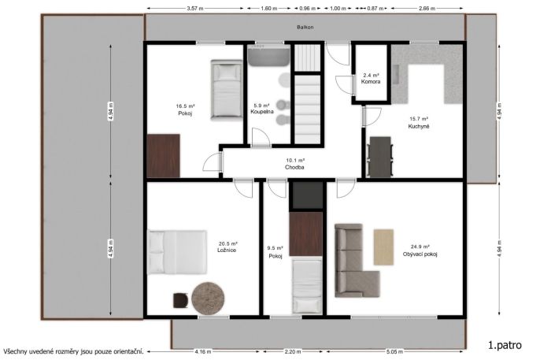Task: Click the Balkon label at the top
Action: tap(305, 28)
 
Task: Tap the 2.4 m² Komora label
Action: tap(371, 79)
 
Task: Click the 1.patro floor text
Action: tap(505, 345)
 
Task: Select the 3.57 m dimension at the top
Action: tap(195, 9)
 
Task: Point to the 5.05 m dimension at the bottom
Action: tap(394, 352)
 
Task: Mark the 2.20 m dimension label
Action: tap(292, 352)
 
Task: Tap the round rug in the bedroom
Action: tap(208, 299)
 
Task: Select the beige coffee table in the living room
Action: tap(383, 247)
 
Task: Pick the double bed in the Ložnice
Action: tap(177, 252)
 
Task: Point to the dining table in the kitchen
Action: tap(380, 157)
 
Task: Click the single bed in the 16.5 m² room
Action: tap(227, 91)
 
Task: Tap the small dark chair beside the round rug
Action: tap(181, 300)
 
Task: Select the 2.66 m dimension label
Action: tap(427, 9)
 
